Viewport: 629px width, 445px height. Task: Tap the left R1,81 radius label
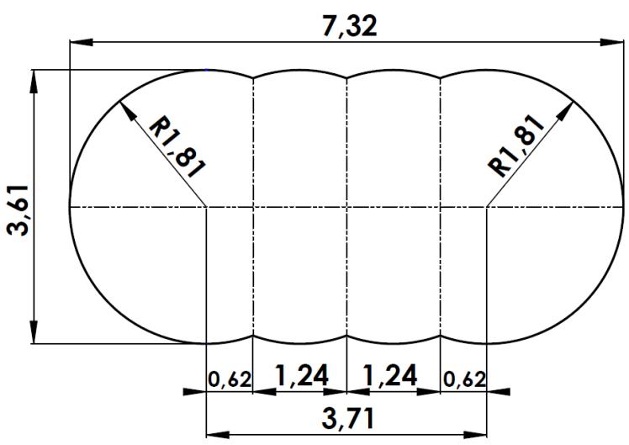click(x=176, y=146)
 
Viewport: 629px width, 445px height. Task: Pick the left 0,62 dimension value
click(x=230, y=379)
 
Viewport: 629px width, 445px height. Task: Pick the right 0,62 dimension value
click(x=463, y=379)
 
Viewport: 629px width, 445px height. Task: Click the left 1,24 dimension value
click(x=301, y=377)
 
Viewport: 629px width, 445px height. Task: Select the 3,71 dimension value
click(x=347, y=418)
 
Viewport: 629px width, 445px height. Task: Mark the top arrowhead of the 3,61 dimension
click(x=34, y=80)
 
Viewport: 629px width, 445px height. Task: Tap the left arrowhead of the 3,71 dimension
click(x=216, y=434)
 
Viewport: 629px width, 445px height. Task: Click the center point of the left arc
click(x=207, y=206)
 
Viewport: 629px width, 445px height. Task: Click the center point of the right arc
click(x=487, y=206)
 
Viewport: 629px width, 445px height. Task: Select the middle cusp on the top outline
click(x=347, y=78)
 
